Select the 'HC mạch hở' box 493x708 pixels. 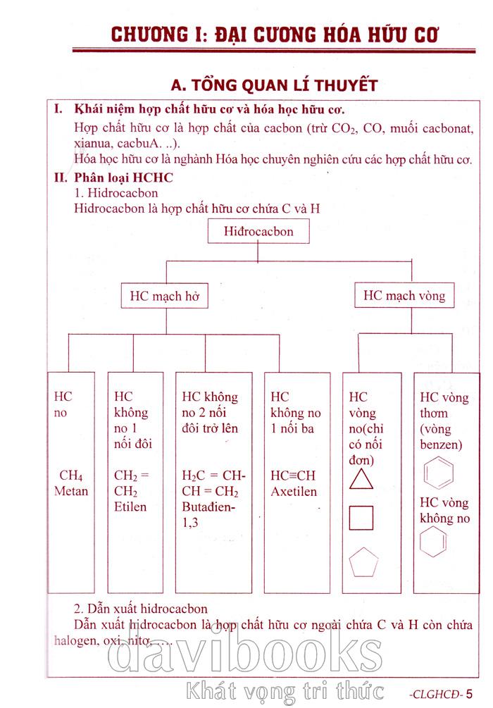(165, 296)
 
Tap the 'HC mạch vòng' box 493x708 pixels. (404, 295)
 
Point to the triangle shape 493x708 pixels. (361, 479)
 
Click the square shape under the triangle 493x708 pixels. (361, 518)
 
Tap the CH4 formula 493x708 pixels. (70, 475)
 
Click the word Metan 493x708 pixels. (71, 490)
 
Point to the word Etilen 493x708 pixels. (130, 507)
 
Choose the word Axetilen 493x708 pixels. (294, 492)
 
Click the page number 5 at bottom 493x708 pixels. (470, 693)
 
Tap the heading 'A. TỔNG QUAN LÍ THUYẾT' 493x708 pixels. (275, 85)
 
